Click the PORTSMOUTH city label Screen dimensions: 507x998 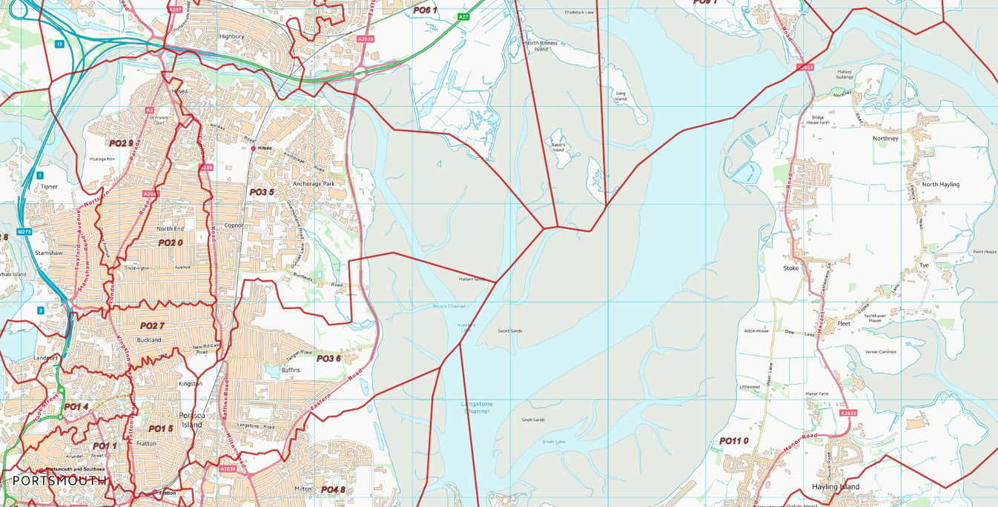[x=59, y=481]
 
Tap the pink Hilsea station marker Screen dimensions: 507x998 [x=254, y=148]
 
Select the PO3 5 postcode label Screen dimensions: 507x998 [x=262, y=192]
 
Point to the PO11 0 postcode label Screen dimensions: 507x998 [x=734, y=441]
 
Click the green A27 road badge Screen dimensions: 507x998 [x=463, y=16]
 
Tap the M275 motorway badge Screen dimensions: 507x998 [x=24, y=232]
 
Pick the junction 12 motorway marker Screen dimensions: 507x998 [x=59, y=44]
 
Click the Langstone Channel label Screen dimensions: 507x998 [x=476, y=407]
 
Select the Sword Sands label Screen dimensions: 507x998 [x=509, y=331]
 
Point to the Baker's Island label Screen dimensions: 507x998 [x=558, y=147]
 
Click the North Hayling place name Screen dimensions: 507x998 [x=940, y=184]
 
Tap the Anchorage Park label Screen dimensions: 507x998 [x=314, y=183]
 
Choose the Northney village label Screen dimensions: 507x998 [x=885, y=138]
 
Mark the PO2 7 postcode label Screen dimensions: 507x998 [x=152, y=325]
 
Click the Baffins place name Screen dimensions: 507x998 [x=291, y=369]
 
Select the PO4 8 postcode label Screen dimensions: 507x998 [x=333, y=490]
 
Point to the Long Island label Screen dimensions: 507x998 [x=621, y=96]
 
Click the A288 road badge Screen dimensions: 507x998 [x=207, y=168]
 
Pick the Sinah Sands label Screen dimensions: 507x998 [x=533, y=420]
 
